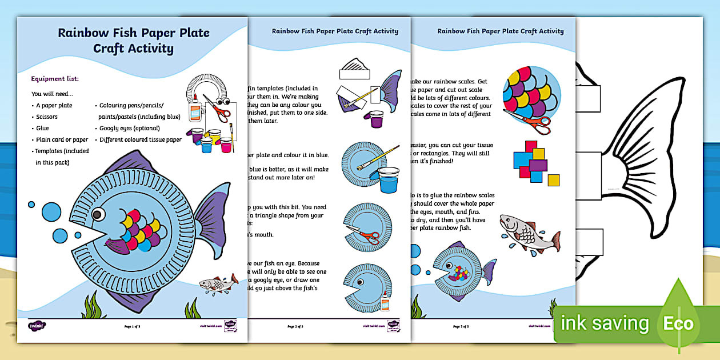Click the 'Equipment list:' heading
[55, 78]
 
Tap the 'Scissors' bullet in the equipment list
[47, 117]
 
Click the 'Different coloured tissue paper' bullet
[141, 139]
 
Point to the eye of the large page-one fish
[98, 216]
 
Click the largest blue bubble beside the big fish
[51, 211]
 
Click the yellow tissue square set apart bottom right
[553, 181]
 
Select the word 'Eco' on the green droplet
[678, 324]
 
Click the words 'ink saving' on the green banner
[605, 324]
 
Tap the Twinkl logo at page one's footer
[37, 326]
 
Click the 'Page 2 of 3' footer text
[295, 326]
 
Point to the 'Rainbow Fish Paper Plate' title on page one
[133, 33]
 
